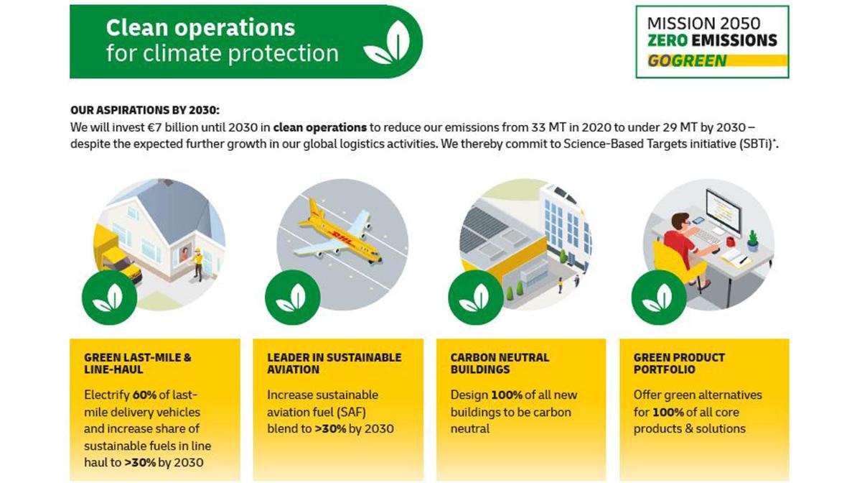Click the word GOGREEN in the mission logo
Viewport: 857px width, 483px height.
687,60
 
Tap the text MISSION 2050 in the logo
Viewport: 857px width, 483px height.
703,23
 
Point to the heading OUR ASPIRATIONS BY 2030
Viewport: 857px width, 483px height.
144,111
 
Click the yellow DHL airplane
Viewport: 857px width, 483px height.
338,234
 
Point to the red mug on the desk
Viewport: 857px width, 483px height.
730,241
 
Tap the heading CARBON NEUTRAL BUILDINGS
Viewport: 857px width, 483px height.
500,363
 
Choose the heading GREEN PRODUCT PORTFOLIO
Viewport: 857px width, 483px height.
679,363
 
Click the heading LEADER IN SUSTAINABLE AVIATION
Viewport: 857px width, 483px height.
334,363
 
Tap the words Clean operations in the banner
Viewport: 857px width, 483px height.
200,27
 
